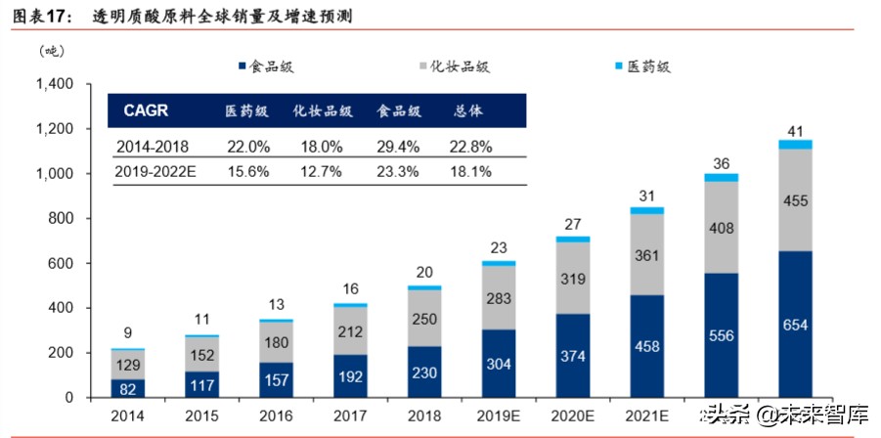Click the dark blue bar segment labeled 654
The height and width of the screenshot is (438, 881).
pyautogui.click(x=795, y=325)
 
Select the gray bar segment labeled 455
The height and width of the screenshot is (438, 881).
pyautogui.click(x=795, y=199)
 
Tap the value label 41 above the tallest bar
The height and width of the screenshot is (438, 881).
pyautogui.click(x=795, y=131)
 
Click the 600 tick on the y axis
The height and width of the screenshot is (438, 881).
pyautogui.click(x=60, y=264)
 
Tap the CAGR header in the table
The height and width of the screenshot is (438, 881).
pyautogui.click(x=146, y=110)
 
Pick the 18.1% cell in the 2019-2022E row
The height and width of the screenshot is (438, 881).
pyautogui.click(x=469, y=172)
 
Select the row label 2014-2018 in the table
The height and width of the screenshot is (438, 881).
pyautogui.click(x=153, y=146)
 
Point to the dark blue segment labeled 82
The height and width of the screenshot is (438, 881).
pyautogui.click(x=127, y=389)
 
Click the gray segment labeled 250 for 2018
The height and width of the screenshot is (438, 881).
pyautogui.click(x=424, y=319)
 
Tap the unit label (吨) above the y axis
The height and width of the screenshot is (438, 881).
pyautogui.click(x=51, y=51)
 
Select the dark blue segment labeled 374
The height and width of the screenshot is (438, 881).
pyautogui.click(x=572, y=356)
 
